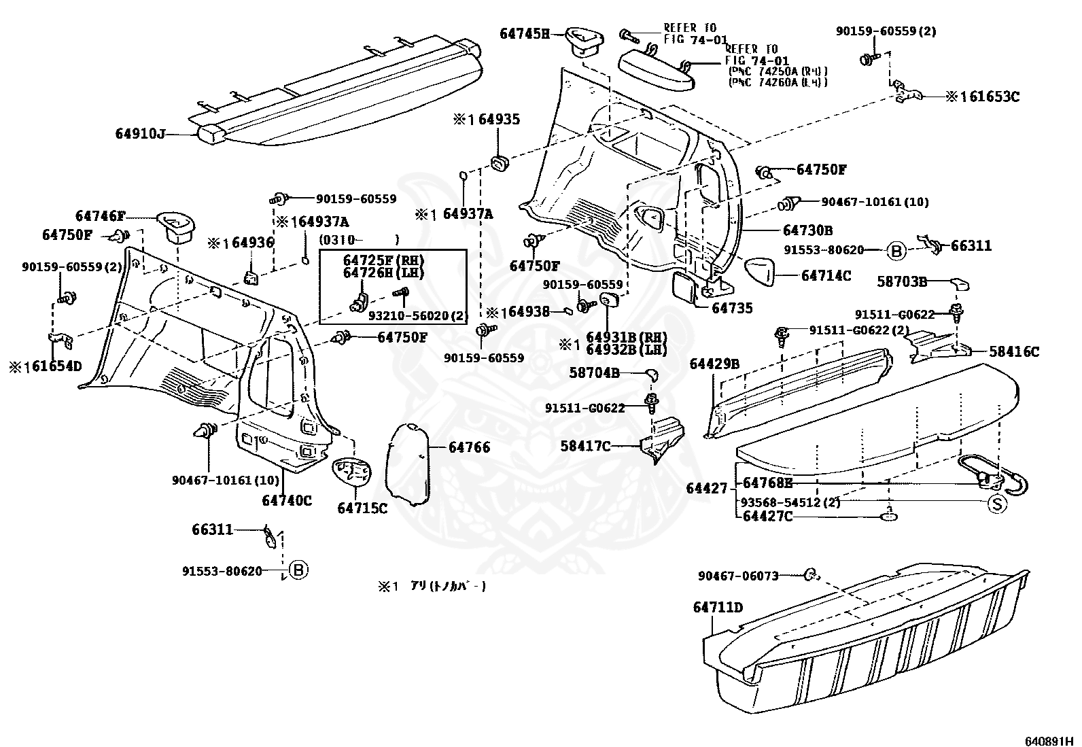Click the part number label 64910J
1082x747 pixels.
(140, 134)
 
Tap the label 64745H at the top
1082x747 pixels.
(525, 33)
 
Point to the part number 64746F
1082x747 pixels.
(101, 216)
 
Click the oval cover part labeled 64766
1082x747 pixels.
(410, 464)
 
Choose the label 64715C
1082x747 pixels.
(362, 508)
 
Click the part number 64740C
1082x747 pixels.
(286, 500)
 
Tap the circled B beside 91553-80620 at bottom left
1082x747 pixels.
(298, 570)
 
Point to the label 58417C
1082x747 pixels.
(584, 446)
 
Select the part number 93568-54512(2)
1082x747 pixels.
(790, 502)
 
